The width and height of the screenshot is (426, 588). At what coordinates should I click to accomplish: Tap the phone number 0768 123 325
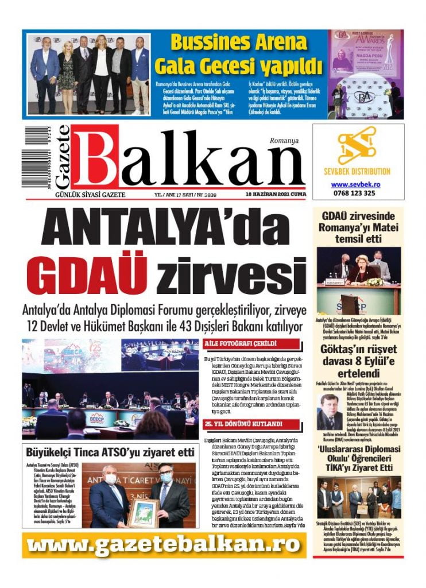coord(354,194)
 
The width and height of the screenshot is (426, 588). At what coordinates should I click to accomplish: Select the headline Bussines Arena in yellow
coord(239,42)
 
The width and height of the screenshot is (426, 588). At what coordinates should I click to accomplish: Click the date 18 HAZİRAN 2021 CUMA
coord(274,195)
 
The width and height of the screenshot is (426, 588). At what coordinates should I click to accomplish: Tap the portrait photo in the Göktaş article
coord(329,411)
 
